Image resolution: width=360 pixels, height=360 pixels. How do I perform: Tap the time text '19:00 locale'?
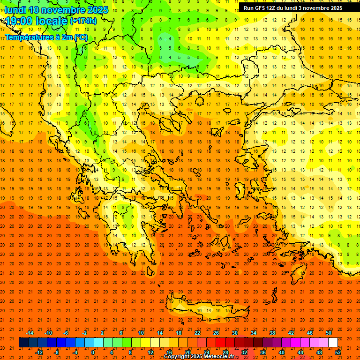pos(37,21)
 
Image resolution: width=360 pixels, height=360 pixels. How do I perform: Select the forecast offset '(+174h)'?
pos(83,21)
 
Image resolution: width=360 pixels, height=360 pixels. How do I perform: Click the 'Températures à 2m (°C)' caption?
pos(46,37)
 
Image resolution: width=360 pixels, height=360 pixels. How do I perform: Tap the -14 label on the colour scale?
pos(30,332)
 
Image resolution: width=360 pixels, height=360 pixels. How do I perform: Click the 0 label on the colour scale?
pos(93,352)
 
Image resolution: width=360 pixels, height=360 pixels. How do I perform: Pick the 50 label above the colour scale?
pos(329,332)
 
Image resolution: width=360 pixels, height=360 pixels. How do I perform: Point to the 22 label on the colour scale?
pos(197,332)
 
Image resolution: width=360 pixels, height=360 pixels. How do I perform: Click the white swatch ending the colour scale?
pos(333,343)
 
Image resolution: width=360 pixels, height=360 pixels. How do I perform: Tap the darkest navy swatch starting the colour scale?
pos(23,343)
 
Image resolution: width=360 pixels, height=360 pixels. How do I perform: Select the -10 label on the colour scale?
pos(48,332)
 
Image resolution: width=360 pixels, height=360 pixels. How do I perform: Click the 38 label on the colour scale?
pos(272,332)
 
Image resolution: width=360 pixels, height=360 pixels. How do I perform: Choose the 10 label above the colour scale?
pos(141,332)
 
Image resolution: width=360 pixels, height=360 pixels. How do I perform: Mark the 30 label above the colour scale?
pos(235,332)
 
